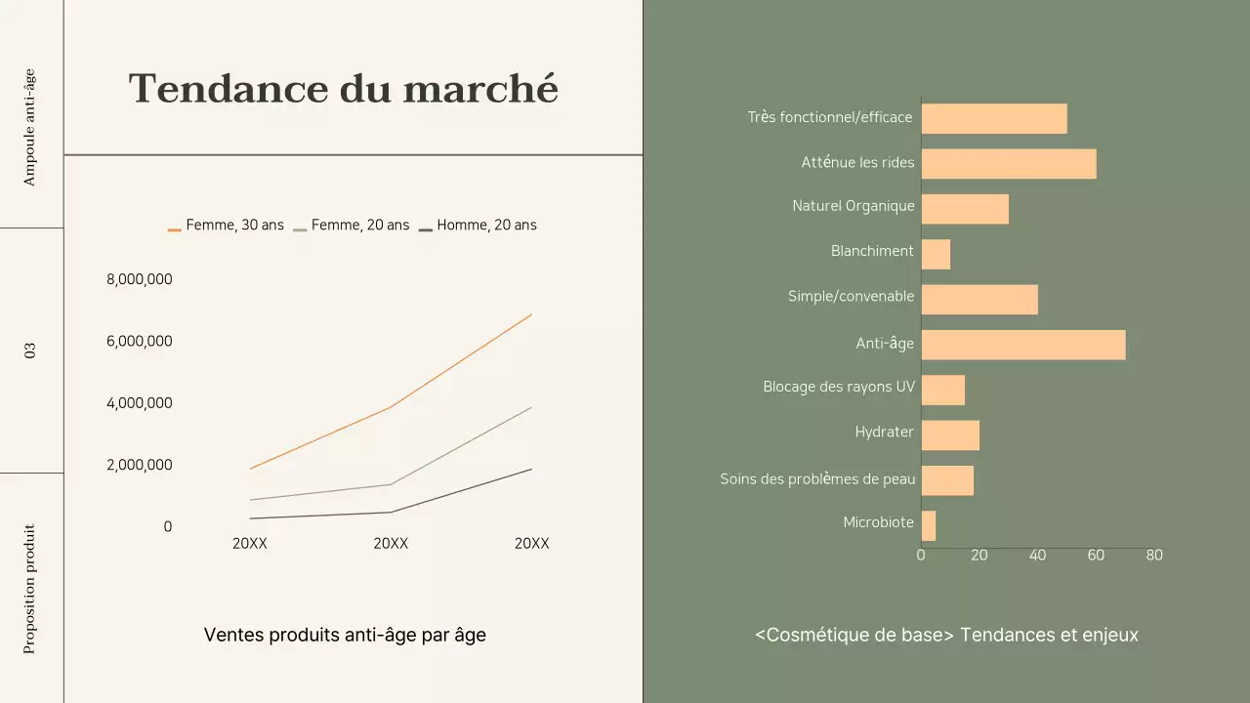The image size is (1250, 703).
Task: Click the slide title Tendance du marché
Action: click(344, 89)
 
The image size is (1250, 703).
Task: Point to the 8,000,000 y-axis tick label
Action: click(139, 279)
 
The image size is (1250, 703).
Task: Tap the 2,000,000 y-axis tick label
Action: click(139, 465)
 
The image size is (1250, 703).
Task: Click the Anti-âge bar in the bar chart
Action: click(1022, 345)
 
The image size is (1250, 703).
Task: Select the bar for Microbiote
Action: click(928, 526)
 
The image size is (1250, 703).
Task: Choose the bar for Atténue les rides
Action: click(1008, 164)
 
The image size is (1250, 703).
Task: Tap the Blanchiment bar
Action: click(935, 255)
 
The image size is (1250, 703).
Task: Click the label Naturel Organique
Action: click(854, 206)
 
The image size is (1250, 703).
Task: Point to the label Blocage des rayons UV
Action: click(839, 387)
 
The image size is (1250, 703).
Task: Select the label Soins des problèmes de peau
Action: click(817, 478)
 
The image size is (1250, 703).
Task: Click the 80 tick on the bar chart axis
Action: click(1153, 556)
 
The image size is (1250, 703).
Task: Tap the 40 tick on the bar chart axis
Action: click(1037, 556)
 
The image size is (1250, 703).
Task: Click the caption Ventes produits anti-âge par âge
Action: click(345, 635)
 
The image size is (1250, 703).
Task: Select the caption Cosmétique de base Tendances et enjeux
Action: click(946, 635)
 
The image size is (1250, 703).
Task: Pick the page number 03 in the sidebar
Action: click(30, 350)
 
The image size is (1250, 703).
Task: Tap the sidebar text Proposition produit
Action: click(30, 589)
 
